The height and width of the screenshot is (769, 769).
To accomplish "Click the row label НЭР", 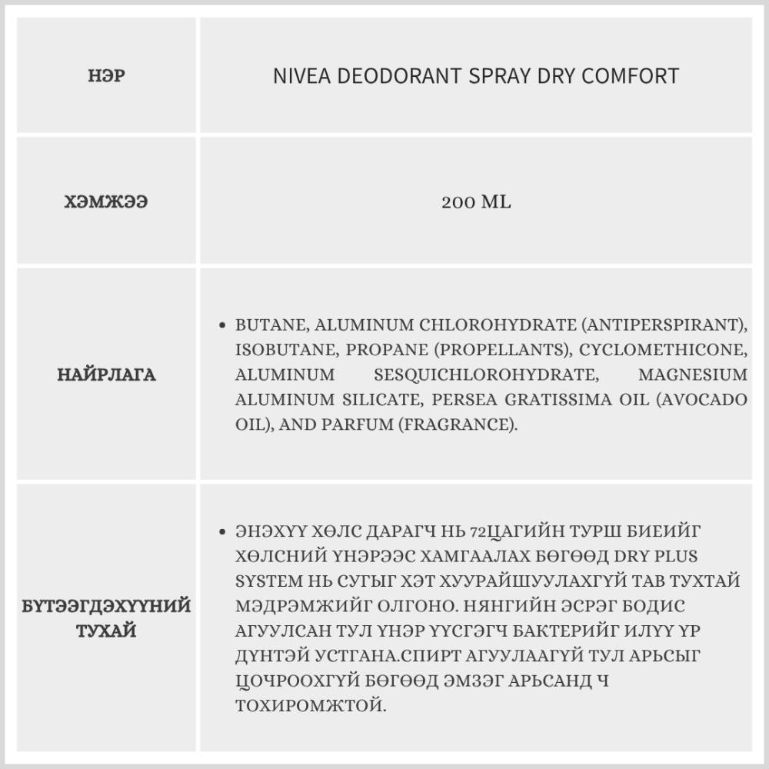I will (106, 76).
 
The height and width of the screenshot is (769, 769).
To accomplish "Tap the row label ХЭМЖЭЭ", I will (106, 203).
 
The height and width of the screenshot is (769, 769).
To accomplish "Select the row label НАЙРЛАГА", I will (106, 375).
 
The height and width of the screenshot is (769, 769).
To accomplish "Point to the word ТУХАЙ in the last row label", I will (106, 631).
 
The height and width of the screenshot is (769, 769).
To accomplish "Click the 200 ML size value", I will (476, 203).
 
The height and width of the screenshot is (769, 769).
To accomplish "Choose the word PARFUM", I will (365, 424).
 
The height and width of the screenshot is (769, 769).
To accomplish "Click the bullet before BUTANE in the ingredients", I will (222, 325).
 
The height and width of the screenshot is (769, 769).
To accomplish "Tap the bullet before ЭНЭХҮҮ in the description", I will (222, 531).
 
